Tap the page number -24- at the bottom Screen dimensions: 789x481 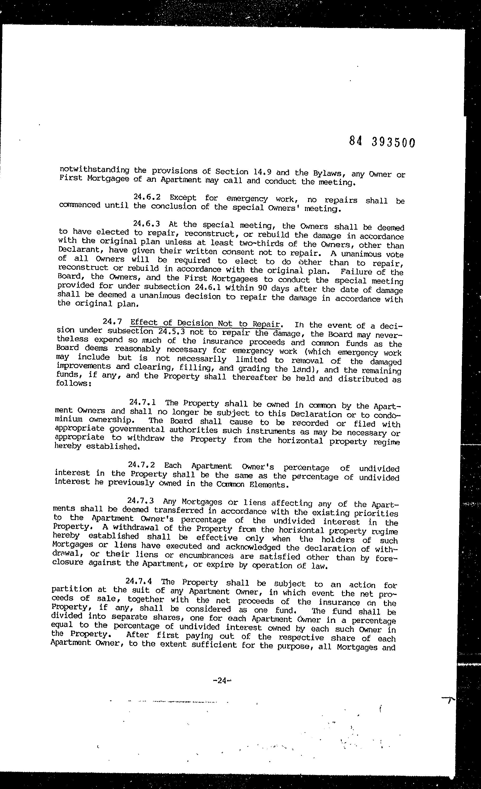click(222, 680)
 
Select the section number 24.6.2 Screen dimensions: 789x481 click(147, 197)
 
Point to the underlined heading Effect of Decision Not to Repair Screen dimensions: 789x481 click(206, 323)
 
